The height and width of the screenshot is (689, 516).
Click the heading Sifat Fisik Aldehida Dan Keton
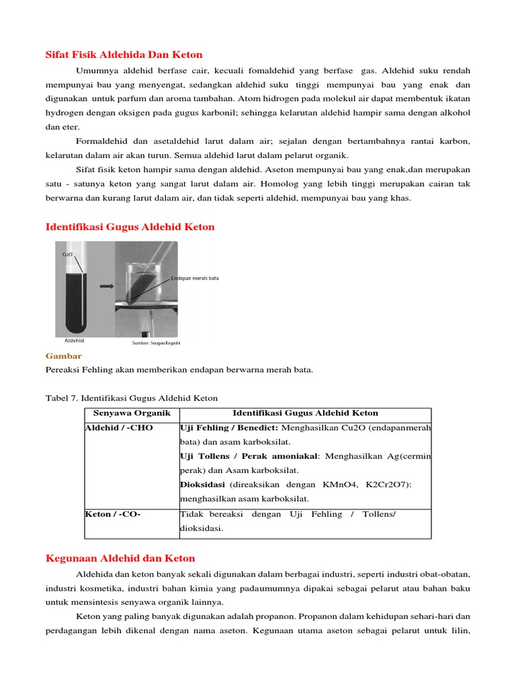124,55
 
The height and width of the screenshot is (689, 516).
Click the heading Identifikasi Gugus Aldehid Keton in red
130,227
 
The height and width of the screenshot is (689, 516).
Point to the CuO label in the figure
67,254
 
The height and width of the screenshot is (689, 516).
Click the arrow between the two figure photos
105,286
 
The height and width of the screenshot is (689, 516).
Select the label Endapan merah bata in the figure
195,278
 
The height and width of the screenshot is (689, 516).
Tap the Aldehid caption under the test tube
74,340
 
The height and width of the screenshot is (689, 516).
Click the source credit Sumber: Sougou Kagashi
157,342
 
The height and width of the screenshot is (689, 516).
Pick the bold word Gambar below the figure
63,355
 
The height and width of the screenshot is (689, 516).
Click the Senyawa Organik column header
132,413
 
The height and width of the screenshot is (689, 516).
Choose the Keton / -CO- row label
113,514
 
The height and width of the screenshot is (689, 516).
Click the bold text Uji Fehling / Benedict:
229,428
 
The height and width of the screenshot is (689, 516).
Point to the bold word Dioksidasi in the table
203,484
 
